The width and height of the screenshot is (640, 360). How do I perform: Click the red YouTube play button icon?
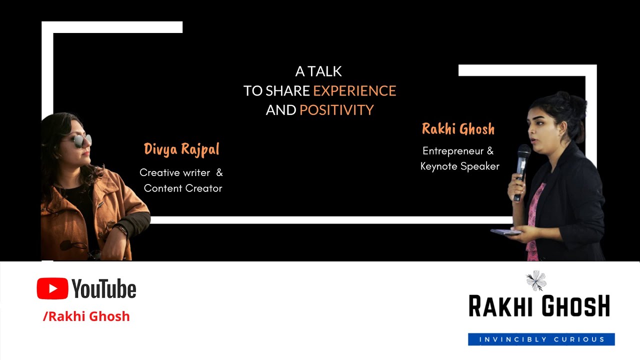click(52, 288)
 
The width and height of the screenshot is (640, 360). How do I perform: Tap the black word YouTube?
click(104, 289)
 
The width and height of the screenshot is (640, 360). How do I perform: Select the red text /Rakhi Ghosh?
click(86, 316)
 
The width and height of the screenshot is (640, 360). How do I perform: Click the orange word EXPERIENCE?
click(354, 91)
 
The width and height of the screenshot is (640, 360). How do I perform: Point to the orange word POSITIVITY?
click(336, 110)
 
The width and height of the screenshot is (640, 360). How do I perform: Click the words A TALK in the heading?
click(318, 71)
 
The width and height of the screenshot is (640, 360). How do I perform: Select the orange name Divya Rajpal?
click(181, 149)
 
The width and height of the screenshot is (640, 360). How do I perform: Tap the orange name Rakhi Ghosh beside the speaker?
click(458, 129)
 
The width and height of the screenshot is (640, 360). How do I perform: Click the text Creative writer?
click(174, 172)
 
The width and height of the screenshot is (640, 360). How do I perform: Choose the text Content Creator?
click(183, 188)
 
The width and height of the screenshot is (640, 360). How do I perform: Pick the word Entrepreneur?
click(451, 151)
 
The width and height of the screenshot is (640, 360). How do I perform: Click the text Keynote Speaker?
click(460, 166)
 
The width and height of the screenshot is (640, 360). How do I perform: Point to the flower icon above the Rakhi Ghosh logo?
click(536, 280)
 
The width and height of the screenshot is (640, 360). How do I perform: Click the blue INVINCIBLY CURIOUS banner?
click(541, 339)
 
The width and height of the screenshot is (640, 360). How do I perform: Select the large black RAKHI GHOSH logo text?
click(539, 306)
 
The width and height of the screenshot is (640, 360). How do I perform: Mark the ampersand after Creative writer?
click(219, 172)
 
